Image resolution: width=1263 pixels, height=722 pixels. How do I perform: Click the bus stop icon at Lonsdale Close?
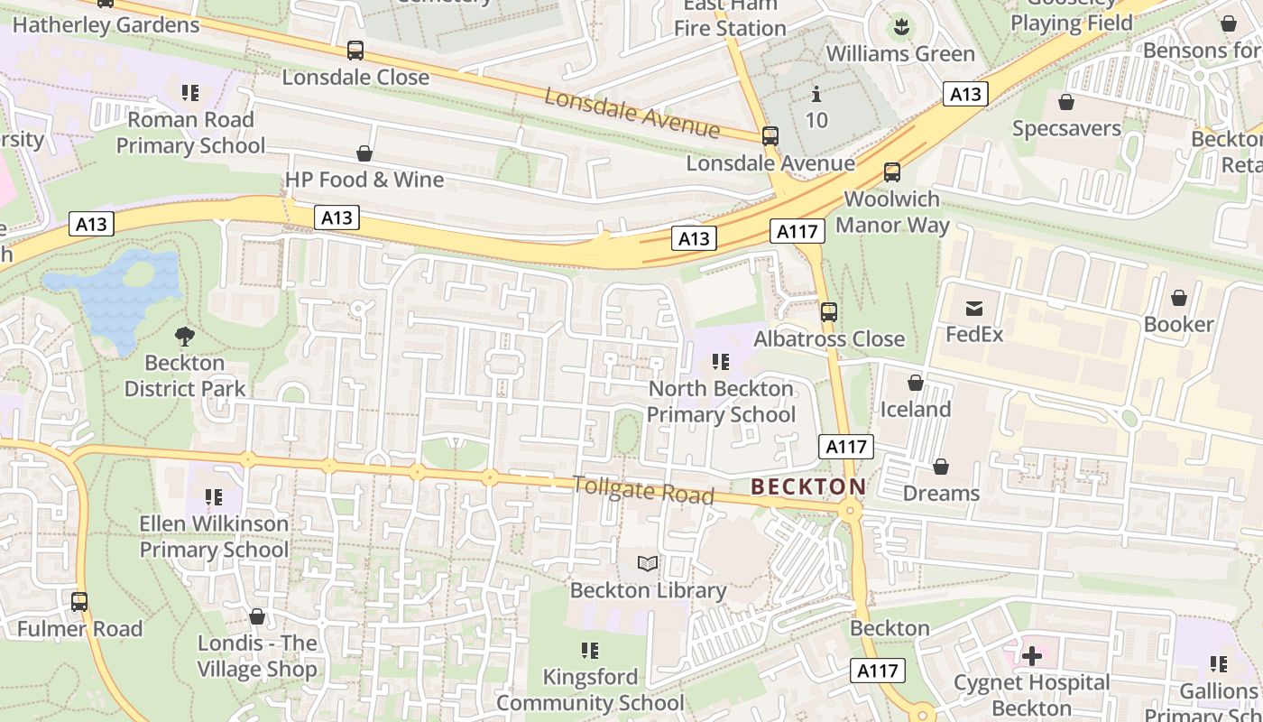tap(355, 51)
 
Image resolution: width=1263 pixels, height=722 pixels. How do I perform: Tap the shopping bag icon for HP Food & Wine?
tap(364, 153)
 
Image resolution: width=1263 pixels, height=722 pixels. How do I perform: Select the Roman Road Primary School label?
tap(190, 133)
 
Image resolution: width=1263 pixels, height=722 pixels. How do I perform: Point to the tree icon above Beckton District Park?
tap(185, 337)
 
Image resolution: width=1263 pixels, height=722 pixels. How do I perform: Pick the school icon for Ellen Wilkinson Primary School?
tap(214, 497)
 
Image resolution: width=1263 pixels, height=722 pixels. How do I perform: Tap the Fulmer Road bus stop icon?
tap(79, 601)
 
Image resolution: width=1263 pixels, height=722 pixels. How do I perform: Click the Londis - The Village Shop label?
tap(257, 656)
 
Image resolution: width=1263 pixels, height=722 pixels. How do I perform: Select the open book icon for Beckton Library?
tap(648, 564)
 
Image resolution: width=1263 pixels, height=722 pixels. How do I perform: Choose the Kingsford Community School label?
tap(590, 690)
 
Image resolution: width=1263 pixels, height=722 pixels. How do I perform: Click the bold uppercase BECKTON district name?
tap(808, 487)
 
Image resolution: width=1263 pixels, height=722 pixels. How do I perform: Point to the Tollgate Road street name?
tap(643, 490)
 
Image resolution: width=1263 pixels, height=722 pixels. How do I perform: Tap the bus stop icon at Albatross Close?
tap(828, 312)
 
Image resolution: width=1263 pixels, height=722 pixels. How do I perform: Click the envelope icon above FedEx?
tap(974, 309)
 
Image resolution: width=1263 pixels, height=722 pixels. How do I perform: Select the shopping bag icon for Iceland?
tap(916, 384)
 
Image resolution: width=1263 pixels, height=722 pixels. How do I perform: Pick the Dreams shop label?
tap(941, 494)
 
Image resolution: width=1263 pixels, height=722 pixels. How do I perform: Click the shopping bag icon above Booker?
tap(1179, 298)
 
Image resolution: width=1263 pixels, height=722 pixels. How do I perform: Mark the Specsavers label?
tap(1066, 128)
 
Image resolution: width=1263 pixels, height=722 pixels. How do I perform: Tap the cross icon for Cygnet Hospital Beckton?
tap(1032, 656)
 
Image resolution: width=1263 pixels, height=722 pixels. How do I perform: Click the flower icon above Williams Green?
tap(900, 27)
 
